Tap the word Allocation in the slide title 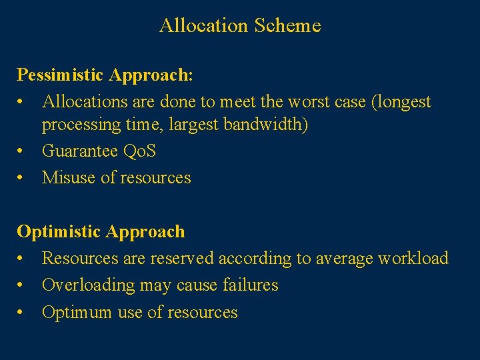point(203,26)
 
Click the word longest point(405,102)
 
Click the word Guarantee point(80,151)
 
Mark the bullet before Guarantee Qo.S point(21,151)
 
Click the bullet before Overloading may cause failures point(21,285)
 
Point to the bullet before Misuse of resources point(21,178)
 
